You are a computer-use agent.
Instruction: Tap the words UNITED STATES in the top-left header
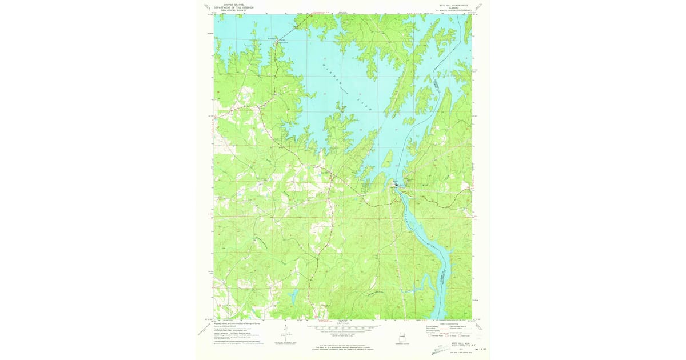click(228, 3)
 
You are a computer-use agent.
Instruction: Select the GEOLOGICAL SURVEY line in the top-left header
click(228, 10)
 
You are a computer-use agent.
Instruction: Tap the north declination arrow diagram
click(284, 334)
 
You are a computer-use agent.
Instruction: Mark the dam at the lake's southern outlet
click(396, 186)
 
